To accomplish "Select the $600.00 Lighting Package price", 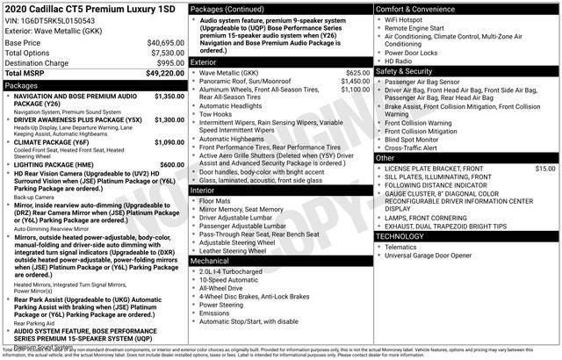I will [x=172, y=164].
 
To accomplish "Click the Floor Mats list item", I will [x=218, y=200].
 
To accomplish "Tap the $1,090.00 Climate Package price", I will [x=169, y=140].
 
